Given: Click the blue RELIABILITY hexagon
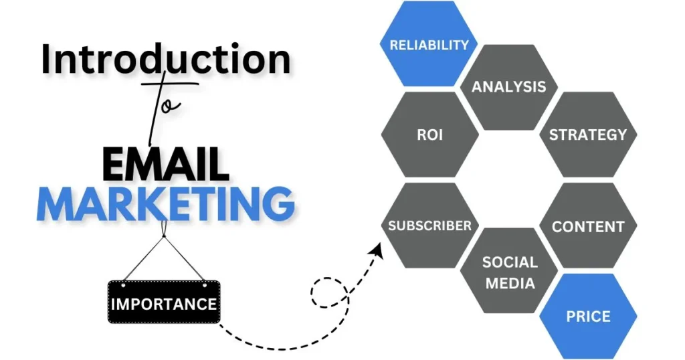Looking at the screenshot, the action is (429, 43).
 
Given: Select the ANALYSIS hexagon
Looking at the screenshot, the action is (509, 87).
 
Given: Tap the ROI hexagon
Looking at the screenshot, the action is (430, 134).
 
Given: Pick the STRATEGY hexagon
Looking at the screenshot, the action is (588, 134).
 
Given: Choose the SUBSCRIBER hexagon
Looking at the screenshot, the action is (430, 226).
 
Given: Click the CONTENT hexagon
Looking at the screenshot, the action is (588, 226).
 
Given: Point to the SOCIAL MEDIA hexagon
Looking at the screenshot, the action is (509, 270).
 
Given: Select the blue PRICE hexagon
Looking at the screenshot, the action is (588, 316).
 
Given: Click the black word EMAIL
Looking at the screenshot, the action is (166, 164).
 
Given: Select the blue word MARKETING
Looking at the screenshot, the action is (165, 203).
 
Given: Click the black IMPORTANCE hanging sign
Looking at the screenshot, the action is (164, 302).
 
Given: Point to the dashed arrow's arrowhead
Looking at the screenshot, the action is (376, 251).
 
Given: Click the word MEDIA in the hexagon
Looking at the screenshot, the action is (510, 283).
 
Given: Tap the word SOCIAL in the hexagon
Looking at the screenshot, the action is (510, 262).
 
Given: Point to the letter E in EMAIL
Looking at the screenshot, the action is (114, 164).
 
